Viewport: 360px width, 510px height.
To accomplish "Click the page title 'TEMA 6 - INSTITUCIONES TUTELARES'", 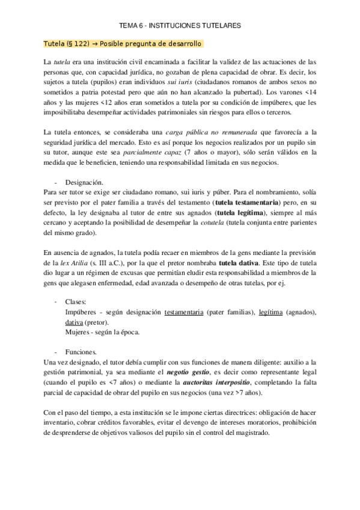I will pos(180,26).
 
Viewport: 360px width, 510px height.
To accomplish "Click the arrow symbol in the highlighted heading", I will pos(96,44).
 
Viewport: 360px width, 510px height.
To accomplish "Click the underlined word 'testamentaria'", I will pos(184,313).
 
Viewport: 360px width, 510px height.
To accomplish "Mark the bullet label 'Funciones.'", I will pos(81,351).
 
